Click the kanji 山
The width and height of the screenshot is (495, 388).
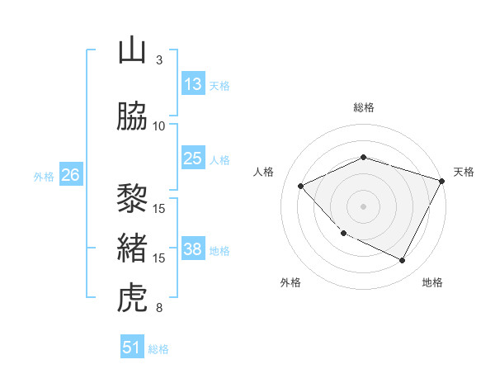coord(133,50)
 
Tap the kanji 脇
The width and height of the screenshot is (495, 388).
coord(133,116)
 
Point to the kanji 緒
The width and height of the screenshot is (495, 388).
coord(133,248)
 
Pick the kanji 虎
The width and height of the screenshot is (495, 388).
coord(133,298)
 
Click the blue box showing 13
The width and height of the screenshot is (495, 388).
coord(193,83)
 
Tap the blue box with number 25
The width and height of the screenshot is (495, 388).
coord(193,159)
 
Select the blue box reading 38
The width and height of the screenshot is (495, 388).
coord(193,249)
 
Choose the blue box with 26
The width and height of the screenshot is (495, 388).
coord(70,175)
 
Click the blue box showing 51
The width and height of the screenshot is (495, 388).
coord(133,348)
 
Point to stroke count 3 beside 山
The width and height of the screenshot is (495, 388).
coord(159,60)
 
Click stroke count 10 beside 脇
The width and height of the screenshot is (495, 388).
coord(159,126)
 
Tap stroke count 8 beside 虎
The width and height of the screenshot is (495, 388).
coord(159,309)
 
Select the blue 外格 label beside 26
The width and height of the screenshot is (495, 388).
coord(44,176)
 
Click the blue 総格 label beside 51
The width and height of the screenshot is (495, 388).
coord(158,349)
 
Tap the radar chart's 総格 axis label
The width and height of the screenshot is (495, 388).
coord(364,107)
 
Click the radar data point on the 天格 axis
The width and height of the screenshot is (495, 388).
coord(443,180)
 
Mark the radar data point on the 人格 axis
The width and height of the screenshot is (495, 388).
coord(301,186)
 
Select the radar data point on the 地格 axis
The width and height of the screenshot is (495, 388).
coord(403,260)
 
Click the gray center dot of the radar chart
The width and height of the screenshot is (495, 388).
coord(364,206)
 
